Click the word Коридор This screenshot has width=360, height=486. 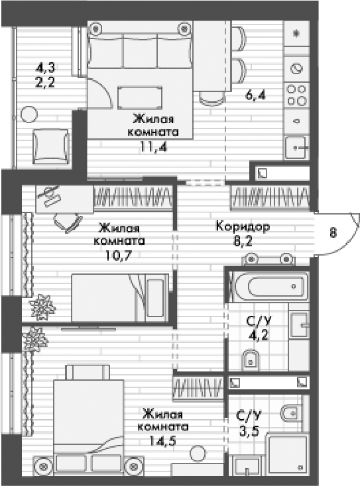[x=243, y=226]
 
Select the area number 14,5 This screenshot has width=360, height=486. [x=163, y=442]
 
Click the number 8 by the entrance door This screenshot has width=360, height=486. [x=332, y=232]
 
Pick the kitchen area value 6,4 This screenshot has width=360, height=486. [x=255, y=95]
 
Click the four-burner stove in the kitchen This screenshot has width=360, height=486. [x=296, y=94]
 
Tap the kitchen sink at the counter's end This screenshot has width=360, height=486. [x=296, y=148]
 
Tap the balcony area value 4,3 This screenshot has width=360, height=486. [x=46, y=67]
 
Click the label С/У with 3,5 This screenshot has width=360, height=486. [x=249, y=418]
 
